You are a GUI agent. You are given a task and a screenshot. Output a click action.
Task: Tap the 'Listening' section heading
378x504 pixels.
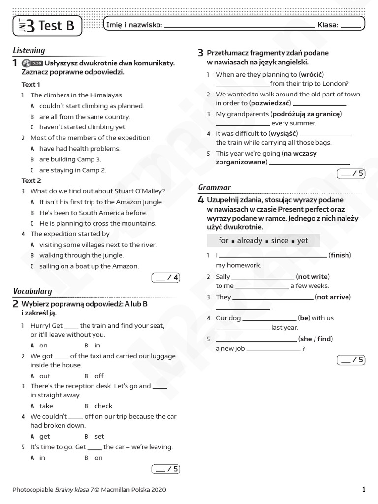click(29, 50)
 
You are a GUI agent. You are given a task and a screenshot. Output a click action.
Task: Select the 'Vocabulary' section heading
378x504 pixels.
click(32, 291)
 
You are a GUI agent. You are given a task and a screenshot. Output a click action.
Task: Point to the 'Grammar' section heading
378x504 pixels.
click(214, 188)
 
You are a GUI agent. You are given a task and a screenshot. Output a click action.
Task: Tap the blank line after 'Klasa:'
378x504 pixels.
click(350, 25)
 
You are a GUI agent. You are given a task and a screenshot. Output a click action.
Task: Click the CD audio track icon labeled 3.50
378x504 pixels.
click(32, 63)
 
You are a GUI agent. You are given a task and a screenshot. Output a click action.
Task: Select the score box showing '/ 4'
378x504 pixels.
click(166, 278)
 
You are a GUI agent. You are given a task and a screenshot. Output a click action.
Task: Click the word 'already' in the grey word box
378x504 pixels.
click(250, 241)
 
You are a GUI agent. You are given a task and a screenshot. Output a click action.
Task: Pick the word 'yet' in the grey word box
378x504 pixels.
click(303, 241)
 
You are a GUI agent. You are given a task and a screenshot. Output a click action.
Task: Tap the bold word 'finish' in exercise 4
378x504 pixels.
click(340, 255)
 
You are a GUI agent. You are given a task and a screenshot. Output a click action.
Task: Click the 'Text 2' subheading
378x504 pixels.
click(31, 181)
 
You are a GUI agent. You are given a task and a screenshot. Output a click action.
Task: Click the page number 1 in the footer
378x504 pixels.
click(364, 489)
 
